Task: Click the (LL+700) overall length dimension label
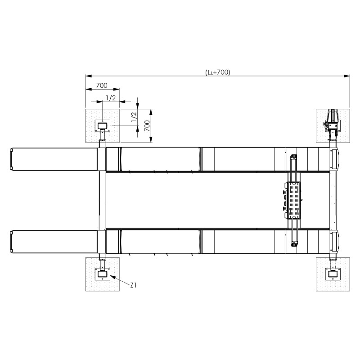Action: (217, 72)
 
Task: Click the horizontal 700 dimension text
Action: (102, 85)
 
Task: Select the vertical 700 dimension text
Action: (147, 126)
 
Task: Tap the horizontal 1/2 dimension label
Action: (111, 98)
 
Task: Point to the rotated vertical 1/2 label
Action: (134, 117)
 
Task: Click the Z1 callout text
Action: (133, 285)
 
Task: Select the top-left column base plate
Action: (103, 126)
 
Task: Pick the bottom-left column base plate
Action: (103, 274)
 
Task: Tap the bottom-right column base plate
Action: (333, 274)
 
